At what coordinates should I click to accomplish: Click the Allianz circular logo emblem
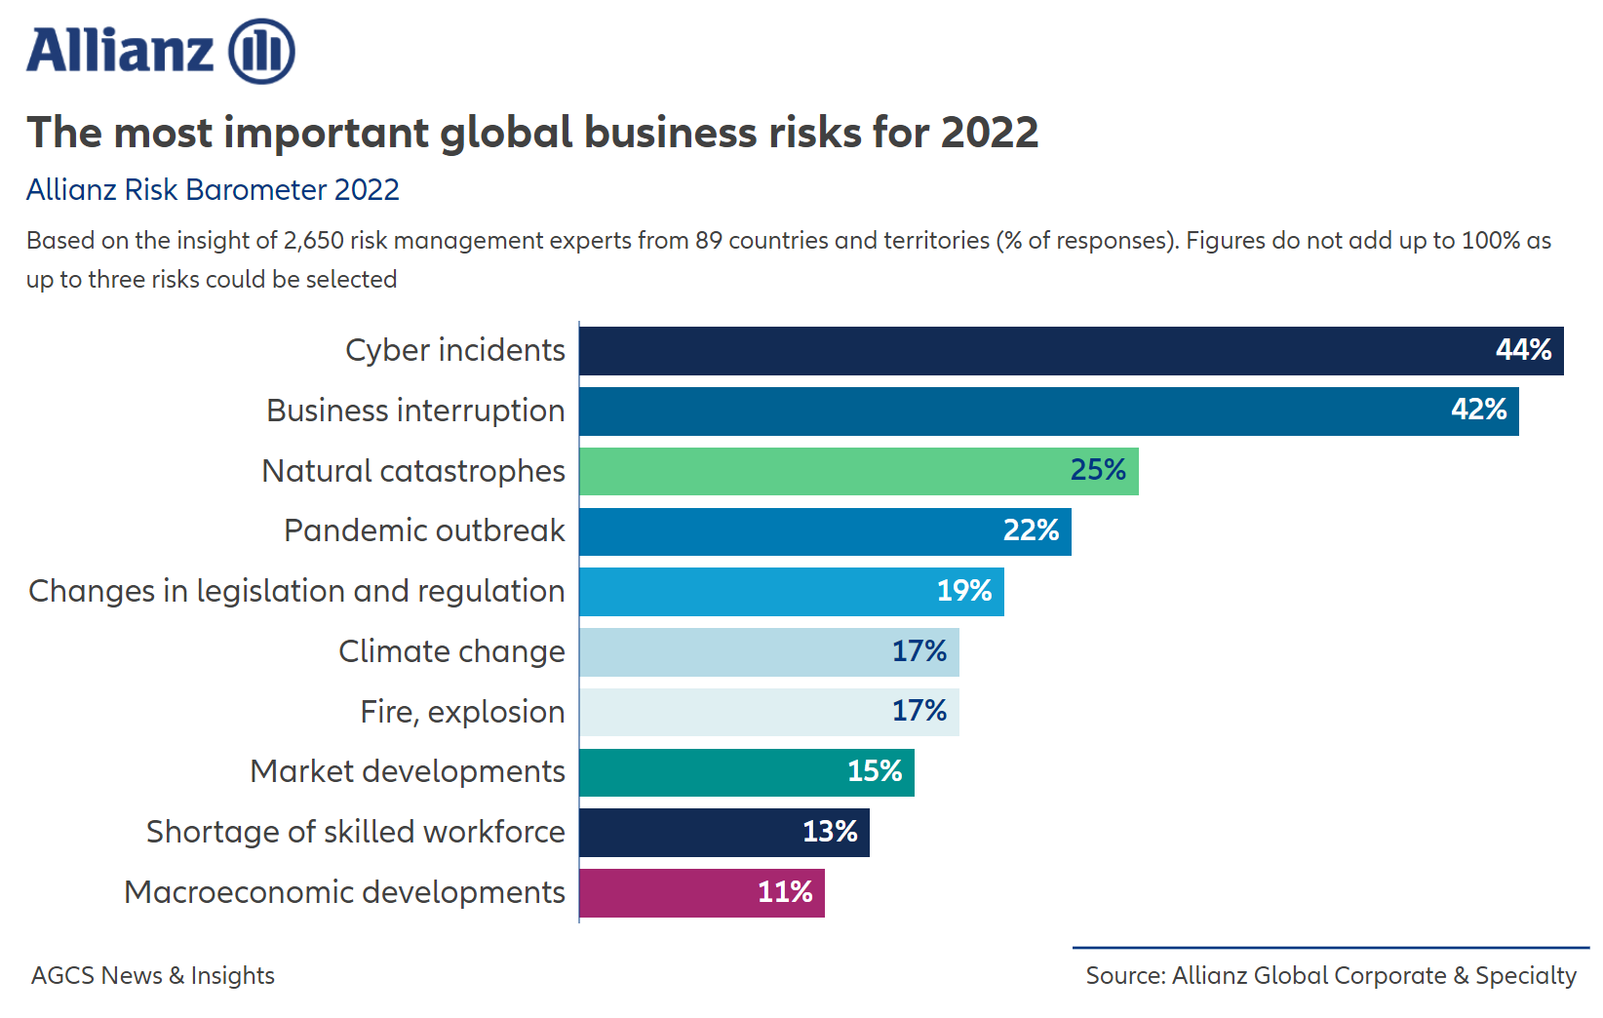[x=261, y=51]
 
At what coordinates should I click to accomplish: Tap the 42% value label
[x=1478, y=410]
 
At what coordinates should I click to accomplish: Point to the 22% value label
[x=1031, y=530]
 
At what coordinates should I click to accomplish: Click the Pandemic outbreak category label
[x=424, y=530]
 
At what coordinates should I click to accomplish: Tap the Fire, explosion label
[x=462, y=712]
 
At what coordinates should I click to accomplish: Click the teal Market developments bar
[x=712, y=772]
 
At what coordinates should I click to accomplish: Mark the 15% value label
[x=875, y=771]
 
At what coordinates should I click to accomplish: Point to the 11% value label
[x=785, y=892]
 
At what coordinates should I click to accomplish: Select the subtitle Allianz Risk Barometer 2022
[x=213, y=189]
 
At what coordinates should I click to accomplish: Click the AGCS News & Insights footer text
[x=153, y=975]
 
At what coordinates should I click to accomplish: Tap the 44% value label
[x=1523, y=350]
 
